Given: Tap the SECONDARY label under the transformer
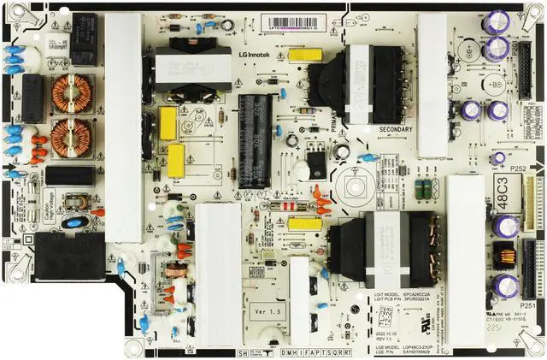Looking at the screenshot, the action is [395, 130].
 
